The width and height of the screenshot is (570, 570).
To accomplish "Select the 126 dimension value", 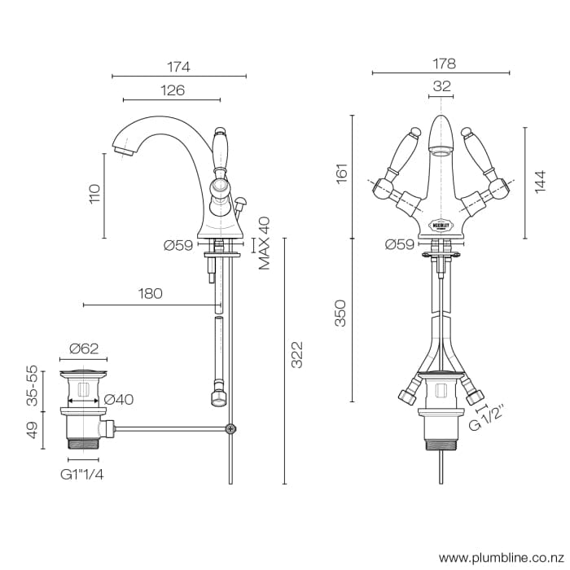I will tap(172, 90).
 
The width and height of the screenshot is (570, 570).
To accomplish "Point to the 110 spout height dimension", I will tap(95, 194).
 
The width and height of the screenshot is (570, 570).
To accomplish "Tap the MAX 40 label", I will tap(265, 243).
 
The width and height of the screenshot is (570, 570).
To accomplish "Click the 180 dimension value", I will tap(151, 294).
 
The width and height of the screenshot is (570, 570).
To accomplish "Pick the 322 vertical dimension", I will tap(297, 354).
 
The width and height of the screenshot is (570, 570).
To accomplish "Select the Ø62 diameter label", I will tap(84, 349).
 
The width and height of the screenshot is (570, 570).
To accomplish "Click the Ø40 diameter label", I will tap(119, 400).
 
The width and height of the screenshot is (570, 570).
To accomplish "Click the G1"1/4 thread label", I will tap(81, 473).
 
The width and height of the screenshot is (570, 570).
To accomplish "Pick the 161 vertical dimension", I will tap(342, 173).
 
